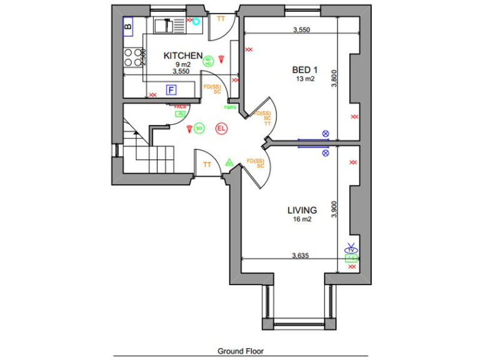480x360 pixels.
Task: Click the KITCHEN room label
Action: (183, 56)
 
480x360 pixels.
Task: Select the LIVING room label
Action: (302, 211)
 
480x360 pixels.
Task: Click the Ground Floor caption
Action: (241, 351)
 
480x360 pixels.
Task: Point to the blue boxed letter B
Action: (128, 26)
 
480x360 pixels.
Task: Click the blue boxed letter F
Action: (171, 90)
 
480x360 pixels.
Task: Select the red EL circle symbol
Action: (221, 129)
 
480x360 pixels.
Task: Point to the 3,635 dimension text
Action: (302, 255)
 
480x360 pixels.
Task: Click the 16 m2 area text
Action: (302, 220)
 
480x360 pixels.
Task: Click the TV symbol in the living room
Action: (351, 248)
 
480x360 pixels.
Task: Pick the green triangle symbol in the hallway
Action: (229, 162)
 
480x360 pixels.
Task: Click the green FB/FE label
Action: (231, 107)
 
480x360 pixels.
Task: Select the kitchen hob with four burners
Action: (132, 57)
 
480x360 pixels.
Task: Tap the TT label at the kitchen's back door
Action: (221, 19)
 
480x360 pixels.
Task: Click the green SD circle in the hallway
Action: (199, 128)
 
